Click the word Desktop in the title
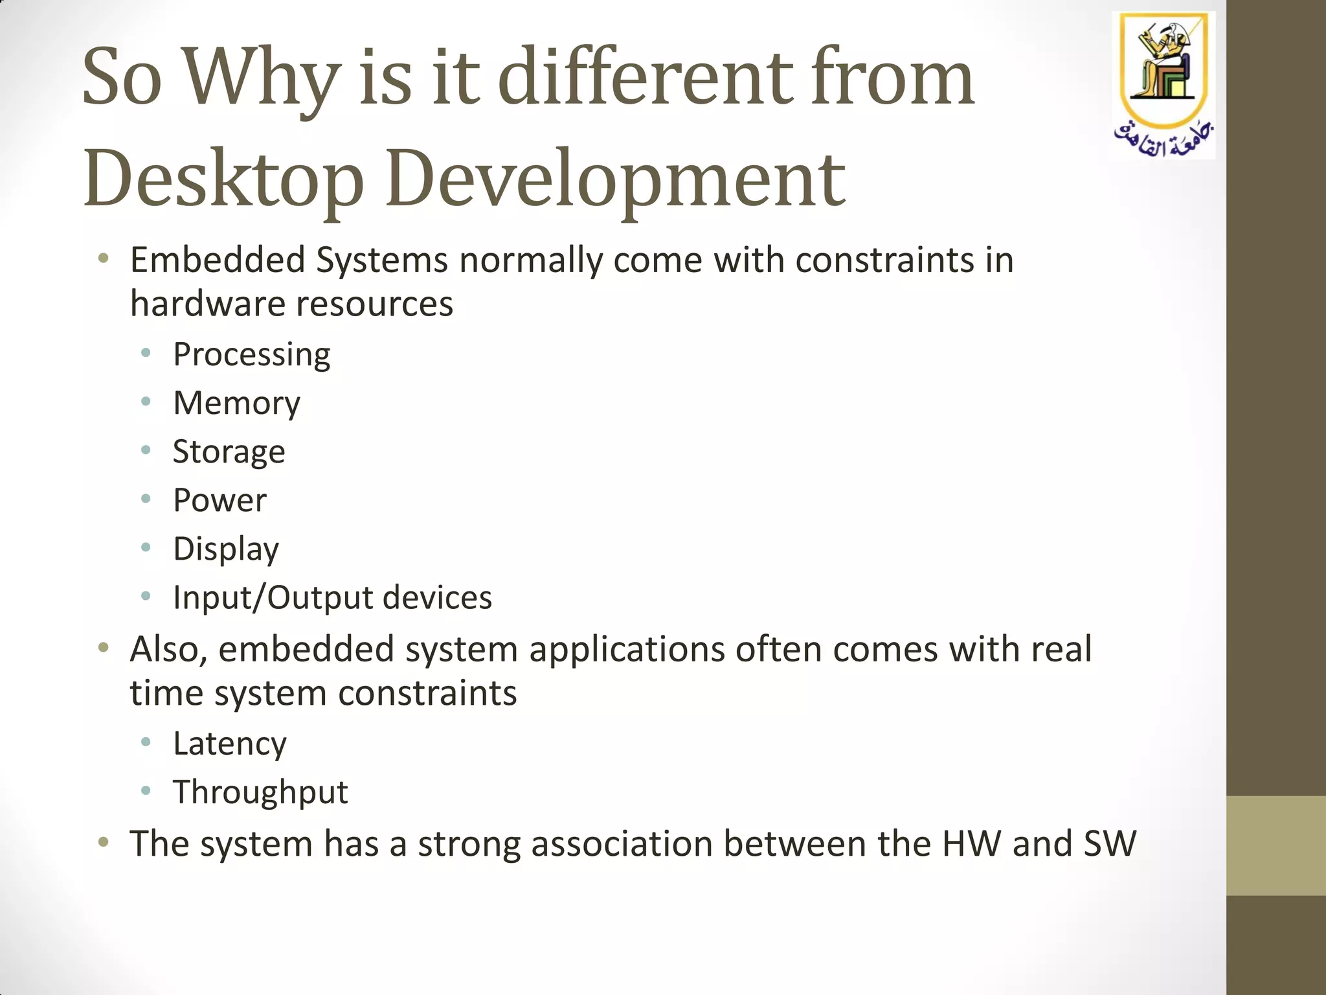click(223, 178)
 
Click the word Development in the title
click(615, 178)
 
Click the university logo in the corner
click(1163, 84)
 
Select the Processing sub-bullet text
click(251, 355)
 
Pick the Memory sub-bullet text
click(236, 403)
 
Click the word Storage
click(229, 452)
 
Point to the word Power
click(219, 500)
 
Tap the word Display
click(226, 549)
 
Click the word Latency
click(229, 744)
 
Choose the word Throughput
click(260, 792)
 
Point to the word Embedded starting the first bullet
click(218, 260)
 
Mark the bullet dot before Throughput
click(146, 790)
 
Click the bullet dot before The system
click(103, 842)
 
